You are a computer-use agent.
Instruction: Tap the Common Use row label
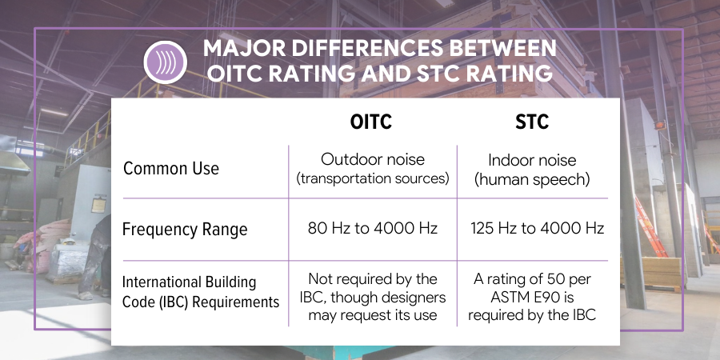pyautogui.click(x=171, y=170)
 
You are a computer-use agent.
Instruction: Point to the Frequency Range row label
pyautogui.click(x=185, y=230)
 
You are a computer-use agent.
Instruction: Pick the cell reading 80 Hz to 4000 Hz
pyautogui.click(x=373, y=229)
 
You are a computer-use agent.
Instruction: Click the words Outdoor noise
pyautogui.click(x=372, y=160)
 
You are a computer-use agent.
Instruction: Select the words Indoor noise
pyautogui.click(x=532, y=160)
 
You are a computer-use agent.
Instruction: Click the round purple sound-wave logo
pyautogui.click(x=165, y=61)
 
